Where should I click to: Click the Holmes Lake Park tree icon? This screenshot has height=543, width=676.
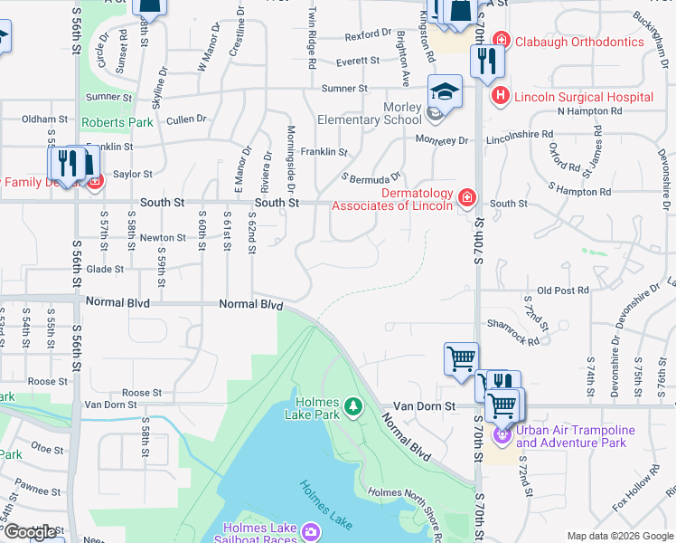click(353, 405)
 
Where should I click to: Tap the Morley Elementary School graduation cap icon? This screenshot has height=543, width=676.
click(445, 91)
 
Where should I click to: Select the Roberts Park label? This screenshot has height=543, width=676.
click(117, 122)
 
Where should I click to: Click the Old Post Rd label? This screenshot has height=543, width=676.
click(562, 291)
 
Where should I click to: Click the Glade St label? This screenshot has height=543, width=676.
click(105, 269)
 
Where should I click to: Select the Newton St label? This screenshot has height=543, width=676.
click(163, 238)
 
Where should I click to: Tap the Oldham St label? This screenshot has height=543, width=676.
click(45, 119)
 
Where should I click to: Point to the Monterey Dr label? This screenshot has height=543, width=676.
click(442, 140)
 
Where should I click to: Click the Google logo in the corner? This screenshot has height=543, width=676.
click(30, 531)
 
